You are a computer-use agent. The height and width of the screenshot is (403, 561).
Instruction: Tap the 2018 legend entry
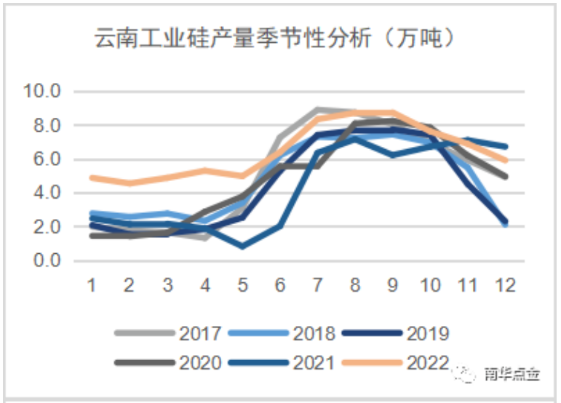click(x=285, y=334)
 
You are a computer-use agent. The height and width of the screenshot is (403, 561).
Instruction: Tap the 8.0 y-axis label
click(x=47, y=126)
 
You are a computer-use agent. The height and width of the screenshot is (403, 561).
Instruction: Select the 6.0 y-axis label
click(x=47, y=159)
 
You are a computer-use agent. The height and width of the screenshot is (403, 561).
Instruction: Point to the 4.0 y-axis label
click(x=47, y=193)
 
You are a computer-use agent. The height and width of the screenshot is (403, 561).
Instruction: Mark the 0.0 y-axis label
click(x=47, y=260)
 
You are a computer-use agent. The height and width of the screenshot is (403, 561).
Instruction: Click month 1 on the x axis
click(x=92, y=284)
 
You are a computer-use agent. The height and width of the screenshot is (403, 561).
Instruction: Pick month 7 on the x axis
click(x=317, y=284)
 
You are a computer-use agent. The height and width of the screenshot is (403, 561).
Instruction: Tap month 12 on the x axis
click(x=505, y=284)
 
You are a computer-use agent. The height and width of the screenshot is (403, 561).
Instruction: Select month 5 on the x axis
click(x=242, y=284)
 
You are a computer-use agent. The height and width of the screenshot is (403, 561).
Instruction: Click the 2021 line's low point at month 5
click(x=242, y=247)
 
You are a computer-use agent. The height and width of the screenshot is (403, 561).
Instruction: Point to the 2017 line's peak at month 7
click(x=317, y=110)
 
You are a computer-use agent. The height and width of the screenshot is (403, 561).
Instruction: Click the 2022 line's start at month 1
click(x=92, y=177)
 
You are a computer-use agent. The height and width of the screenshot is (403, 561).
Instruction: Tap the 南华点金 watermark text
click(x=512, y=375)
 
